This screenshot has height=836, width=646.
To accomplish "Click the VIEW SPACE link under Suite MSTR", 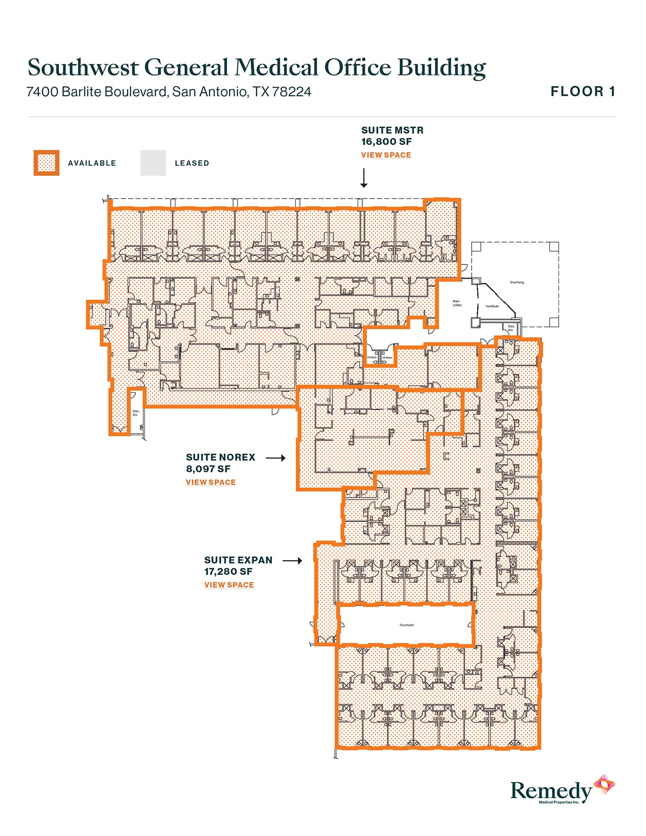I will [x=386, y=155].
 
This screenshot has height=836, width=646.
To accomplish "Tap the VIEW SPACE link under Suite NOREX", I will [x=210, y=482].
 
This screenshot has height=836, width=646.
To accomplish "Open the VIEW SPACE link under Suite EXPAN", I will [x=229, y=585].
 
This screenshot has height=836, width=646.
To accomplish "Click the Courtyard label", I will [x=406, y=625].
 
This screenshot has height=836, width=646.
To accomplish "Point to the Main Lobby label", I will [x=457, y=303].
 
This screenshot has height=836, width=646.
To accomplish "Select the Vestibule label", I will [x=492, y=306].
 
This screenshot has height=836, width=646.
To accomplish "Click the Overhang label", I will [x=517, y=282].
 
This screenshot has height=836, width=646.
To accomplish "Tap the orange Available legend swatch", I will [x=47, y=163].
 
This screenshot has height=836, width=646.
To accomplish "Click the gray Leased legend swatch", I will [x=153, y=163].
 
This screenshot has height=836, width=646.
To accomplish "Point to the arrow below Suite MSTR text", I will [x=363, y=178].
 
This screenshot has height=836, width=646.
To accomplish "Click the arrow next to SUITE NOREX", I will [x=276, y=458].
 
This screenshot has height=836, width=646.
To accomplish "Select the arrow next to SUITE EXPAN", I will [x=292, y=560].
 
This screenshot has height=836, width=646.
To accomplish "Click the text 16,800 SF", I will [x=386, y=142].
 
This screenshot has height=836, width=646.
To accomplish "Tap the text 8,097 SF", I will [x=208, y=469].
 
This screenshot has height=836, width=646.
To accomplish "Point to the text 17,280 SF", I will [x=228, y=572].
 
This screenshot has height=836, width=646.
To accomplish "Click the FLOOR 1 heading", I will [x=583, y=92].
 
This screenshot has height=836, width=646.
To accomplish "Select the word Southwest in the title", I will [x=83, y=68].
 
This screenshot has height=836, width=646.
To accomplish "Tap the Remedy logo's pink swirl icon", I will [x=604, y=785].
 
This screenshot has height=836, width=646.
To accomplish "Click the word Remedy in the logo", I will [x=551, y=791].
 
